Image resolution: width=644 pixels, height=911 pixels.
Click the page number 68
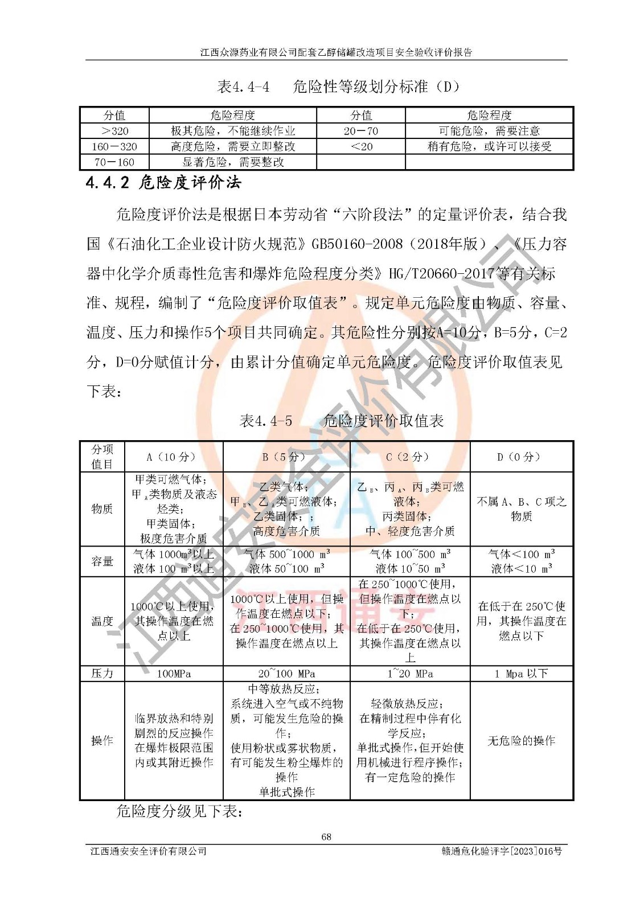326,836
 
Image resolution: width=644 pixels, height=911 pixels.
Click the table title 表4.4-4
243,87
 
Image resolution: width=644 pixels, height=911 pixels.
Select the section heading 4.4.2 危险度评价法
163,183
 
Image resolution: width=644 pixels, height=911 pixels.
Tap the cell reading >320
114,131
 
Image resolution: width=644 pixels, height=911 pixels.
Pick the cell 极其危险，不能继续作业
233,131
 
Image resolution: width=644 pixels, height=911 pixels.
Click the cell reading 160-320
114,146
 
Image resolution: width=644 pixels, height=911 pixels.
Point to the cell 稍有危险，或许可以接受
489,146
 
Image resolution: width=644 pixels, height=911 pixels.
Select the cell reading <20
361,146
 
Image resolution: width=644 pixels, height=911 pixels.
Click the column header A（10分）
174,457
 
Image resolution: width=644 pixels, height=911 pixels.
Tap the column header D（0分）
522,457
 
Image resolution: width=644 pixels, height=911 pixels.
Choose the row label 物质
102,508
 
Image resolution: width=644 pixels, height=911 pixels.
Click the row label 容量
102,561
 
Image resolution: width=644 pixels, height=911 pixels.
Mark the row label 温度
102,621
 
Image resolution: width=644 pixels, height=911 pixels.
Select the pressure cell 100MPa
174,674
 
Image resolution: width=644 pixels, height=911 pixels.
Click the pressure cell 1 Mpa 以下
522,674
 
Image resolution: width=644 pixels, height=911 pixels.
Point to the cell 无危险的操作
522,741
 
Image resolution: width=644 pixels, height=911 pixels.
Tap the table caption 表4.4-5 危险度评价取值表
342,421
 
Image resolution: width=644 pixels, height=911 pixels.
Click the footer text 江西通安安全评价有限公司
149,851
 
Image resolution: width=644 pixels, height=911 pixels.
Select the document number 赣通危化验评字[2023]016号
502,851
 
